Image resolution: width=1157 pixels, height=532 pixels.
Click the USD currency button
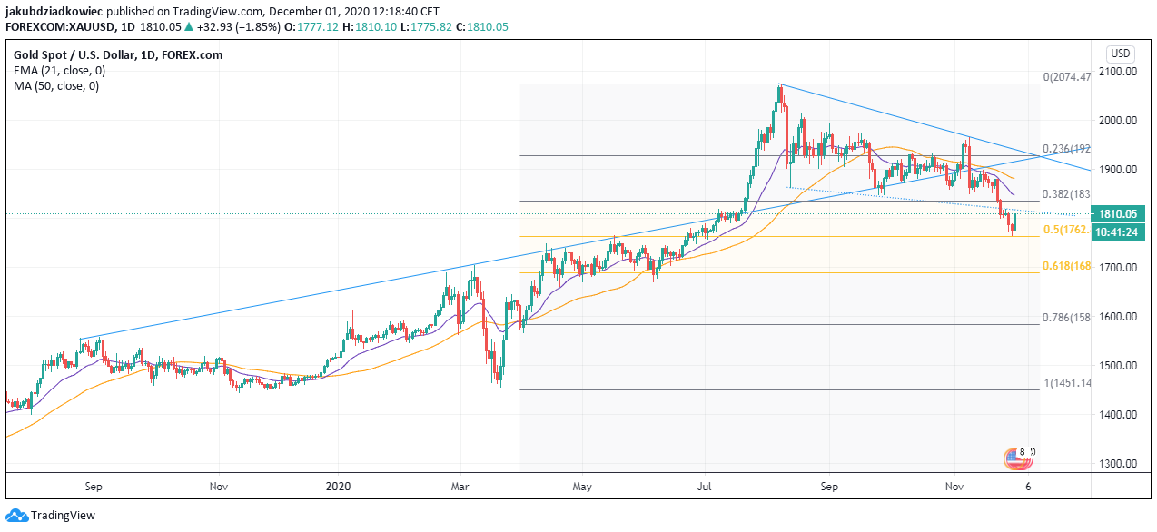click(1120, 53)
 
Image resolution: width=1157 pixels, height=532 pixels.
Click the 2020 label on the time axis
click(337, 487)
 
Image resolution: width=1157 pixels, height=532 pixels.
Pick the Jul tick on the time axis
click(705, 487)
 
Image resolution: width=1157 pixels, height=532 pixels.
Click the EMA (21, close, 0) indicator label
click(59, 71)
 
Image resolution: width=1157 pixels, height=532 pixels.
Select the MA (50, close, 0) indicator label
click(56, 86)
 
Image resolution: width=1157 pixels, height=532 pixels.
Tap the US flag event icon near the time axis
click(1015, 459)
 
